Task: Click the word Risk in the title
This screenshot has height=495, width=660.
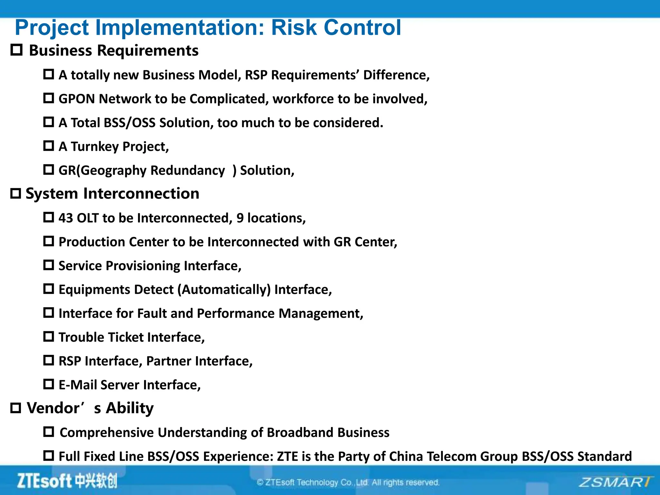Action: click(x=294, y=28)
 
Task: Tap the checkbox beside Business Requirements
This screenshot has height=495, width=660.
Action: click(x=17, y=50)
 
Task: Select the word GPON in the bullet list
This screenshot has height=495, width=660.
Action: click(x=77, y=99)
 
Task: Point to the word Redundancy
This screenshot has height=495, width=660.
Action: click(x=188, y=170)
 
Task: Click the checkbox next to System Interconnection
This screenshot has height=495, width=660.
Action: click(x=15, y=193)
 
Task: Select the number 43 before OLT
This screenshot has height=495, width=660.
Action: click(x=66, y=218)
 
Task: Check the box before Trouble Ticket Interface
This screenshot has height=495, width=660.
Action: click(x=49, y=337)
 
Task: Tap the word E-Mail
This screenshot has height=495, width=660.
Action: click(x=78, y=385)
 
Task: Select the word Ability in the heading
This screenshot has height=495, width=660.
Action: click(x=130, y=408)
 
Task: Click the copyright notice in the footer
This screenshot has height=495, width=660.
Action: click(x=348, y=482)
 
